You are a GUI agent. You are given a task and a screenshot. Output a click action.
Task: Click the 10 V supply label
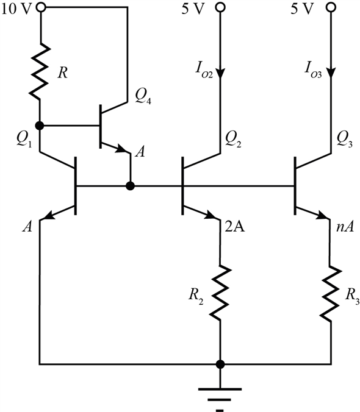point(16,9)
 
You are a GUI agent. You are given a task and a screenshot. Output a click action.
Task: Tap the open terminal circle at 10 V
point(41,7)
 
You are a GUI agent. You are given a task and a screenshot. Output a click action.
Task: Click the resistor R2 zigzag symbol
point(220,293)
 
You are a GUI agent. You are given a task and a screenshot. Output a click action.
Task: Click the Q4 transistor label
point(143,97)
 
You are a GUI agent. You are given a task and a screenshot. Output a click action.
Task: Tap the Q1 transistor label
point(24,139)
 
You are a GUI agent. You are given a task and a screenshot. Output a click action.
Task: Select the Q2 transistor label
point(233,139)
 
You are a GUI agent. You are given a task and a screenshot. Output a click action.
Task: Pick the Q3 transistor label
point(344,139)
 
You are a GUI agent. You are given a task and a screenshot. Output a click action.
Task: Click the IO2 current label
point(204,69)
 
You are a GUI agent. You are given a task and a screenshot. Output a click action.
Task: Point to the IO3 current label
point(313,69)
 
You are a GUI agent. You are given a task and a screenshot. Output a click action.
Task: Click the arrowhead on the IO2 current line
point(220,74)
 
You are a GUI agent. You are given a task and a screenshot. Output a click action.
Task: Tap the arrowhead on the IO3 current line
point(331,74)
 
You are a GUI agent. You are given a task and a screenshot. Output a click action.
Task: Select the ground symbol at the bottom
point(220,399)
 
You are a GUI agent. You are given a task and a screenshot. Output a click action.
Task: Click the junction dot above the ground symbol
point(220,364)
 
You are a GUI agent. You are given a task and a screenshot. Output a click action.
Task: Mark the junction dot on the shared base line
point(130,186)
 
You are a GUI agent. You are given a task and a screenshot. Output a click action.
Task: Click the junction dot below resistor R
point(40,126)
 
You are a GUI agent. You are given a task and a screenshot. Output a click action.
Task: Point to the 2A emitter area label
point(235,226)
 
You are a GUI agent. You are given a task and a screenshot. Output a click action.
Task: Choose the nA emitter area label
point(345,226)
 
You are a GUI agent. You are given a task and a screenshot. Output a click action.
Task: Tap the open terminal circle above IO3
point(331,7)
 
